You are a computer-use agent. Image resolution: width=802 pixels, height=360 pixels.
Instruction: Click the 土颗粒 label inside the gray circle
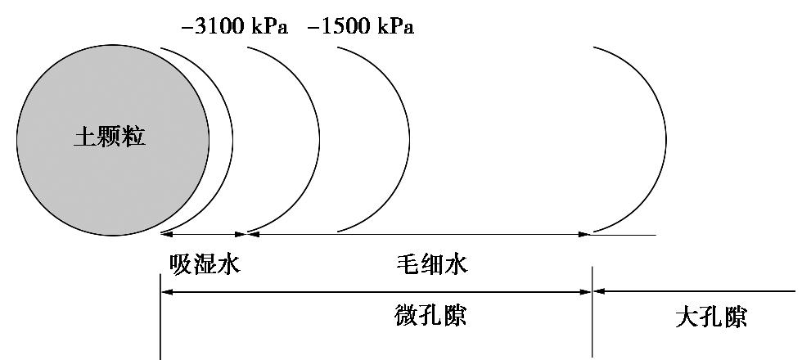click(110, 137)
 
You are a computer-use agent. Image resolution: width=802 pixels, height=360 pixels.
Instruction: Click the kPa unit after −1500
click(394, 27)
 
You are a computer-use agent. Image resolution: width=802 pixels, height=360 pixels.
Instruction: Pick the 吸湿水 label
click(205, 264)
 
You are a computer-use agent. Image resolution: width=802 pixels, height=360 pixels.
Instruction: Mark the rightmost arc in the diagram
click(665, 139)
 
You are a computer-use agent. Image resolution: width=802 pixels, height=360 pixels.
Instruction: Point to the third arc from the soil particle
click(408, 139)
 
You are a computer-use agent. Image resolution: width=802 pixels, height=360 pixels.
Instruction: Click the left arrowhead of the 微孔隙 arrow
click(166, 290)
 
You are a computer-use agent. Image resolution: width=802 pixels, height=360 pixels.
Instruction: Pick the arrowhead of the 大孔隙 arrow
click(598, 290)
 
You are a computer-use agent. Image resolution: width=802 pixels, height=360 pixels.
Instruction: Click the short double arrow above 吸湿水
click(204, 234)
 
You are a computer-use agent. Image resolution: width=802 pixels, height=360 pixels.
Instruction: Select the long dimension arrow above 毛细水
click(417, 234)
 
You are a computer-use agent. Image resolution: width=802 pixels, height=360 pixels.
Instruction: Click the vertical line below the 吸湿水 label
click(160, 327)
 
